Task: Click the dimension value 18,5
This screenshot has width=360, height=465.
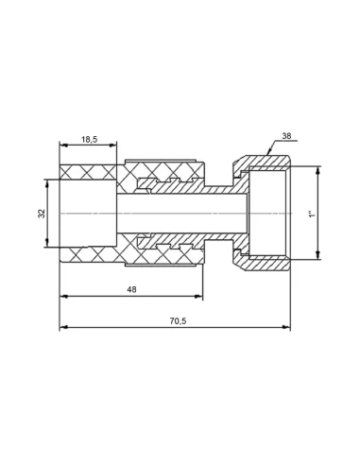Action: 90,139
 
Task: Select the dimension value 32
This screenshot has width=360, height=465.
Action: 42,214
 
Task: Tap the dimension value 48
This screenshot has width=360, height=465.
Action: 131,289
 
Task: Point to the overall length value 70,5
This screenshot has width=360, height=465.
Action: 178,321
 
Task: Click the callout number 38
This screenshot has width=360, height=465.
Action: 286,136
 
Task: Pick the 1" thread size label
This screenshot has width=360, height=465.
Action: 312,215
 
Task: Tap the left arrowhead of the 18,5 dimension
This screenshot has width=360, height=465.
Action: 63,146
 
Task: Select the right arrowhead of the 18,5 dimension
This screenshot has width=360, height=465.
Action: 112,146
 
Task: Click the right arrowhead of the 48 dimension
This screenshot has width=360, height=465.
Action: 199,296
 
